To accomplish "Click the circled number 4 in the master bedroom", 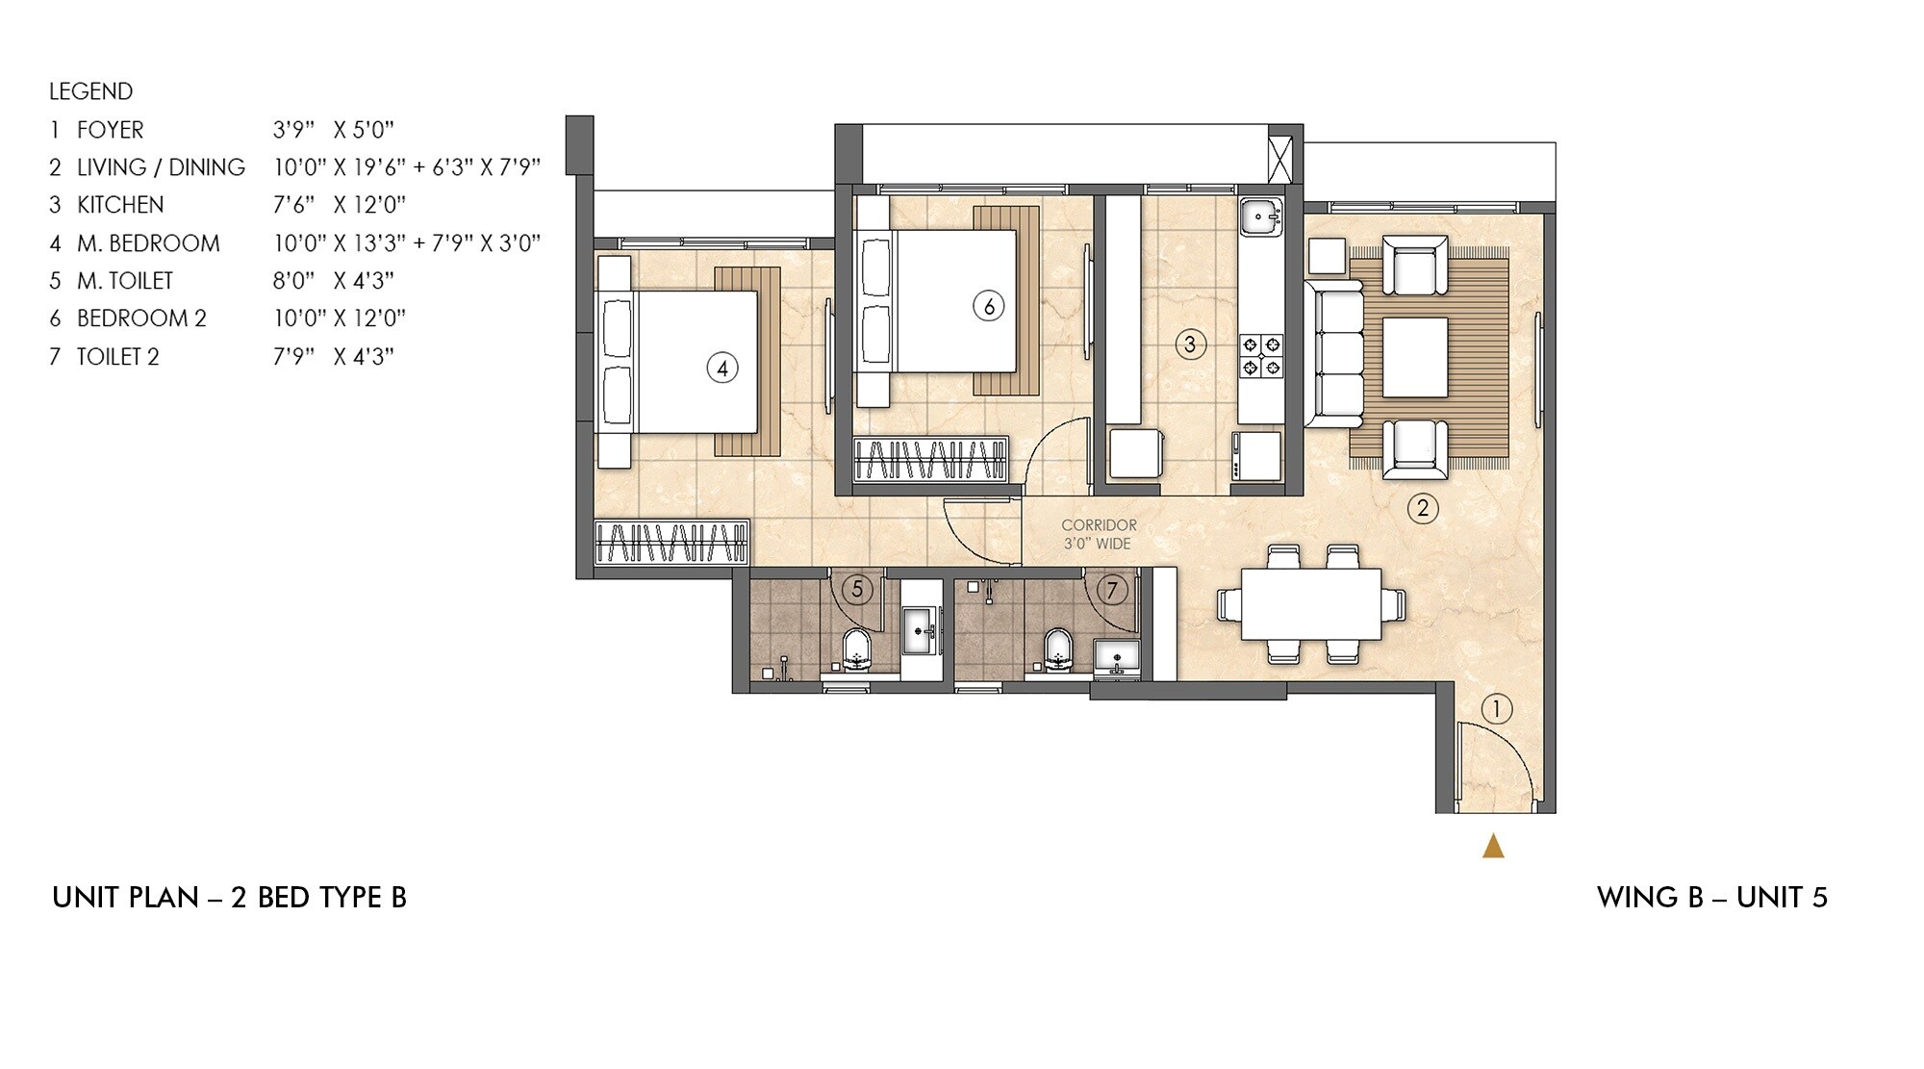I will (722, 368).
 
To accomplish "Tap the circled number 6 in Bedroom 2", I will (988, 306).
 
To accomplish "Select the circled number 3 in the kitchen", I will (1190, 344).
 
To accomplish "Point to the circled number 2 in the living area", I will (1423, 507).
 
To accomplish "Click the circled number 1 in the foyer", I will (1496, 710).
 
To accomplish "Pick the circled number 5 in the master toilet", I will (857, 589).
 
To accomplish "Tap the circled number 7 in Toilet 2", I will (1112, 589).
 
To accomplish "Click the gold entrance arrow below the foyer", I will (1493, 846).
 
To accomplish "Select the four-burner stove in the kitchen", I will (1261, 355).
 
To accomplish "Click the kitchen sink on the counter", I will (1259, 217).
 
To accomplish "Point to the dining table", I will (1311, 604).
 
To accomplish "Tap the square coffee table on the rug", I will (1415, 357).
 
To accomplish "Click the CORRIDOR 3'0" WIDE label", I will (1099, 535).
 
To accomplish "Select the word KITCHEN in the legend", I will (120, 205).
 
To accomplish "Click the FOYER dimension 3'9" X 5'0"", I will (334, 130).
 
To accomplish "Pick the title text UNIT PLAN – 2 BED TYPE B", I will (229, 898).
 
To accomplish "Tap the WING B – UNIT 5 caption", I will (1711, 898).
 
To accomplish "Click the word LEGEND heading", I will (90, 91).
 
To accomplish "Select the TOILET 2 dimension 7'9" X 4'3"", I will (334, 357).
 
